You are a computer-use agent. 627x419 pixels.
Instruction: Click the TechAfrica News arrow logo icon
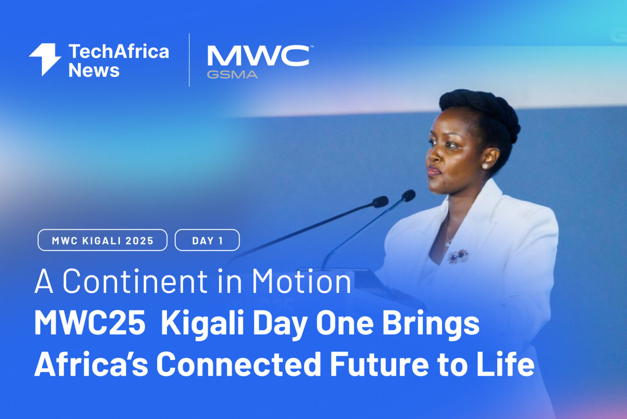[45, 59]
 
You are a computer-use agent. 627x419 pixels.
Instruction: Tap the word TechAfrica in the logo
[118, 52]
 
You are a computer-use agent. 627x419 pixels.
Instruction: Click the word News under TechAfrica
[94, 70]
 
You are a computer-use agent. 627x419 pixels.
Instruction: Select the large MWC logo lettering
[258, 56]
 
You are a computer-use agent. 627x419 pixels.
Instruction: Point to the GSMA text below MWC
[232, 75]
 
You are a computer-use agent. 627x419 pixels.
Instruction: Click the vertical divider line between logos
[189, 60]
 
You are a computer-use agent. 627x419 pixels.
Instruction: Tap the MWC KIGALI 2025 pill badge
[102, 240]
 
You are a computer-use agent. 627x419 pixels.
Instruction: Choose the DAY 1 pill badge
[207, 240]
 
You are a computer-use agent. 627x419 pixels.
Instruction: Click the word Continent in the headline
[135, 281]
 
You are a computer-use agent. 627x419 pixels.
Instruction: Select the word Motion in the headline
[301, 281]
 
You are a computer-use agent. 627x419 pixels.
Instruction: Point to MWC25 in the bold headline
[90, 323]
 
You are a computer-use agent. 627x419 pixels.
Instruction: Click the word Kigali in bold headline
[202, 323]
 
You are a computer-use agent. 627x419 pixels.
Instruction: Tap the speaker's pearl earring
[485, 166]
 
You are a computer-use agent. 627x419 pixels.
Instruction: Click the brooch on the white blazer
[458, 256]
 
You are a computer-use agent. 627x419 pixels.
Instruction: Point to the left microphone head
[380, 201]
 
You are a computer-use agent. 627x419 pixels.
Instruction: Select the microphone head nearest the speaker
[408, 195]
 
